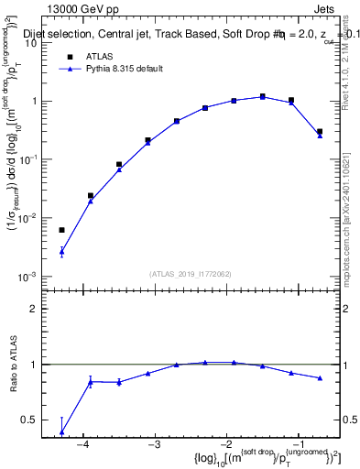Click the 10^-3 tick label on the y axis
(x=28, y=277)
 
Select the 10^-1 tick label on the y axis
(x=28, y=159)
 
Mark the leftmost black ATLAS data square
(x=61, y=230)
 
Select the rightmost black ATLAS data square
(x=320, y=132)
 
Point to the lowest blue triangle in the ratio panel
(x=61, y=431)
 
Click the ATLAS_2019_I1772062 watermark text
(x=191, y=273)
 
